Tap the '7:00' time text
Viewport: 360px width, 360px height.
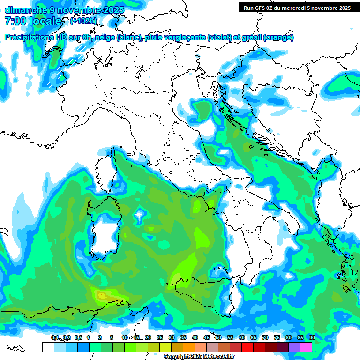[15, 21]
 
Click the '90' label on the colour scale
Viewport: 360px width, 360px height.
[312, 337]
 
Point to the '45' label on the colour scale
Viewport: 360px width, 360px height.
[206, 337]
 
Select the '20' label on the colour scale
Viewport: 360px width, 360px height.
[148, 337]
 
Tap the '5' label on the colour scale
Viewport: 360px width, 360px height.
[112, 337]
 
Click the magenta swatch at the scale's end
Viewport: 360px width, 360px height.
[306, 347]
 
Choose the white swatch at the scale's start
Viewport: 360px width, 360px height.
[48, 347]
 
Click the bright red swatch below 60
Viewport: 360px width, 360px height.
[247, 347]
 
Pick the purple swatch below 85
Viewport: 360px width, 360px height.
[294, 347]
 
